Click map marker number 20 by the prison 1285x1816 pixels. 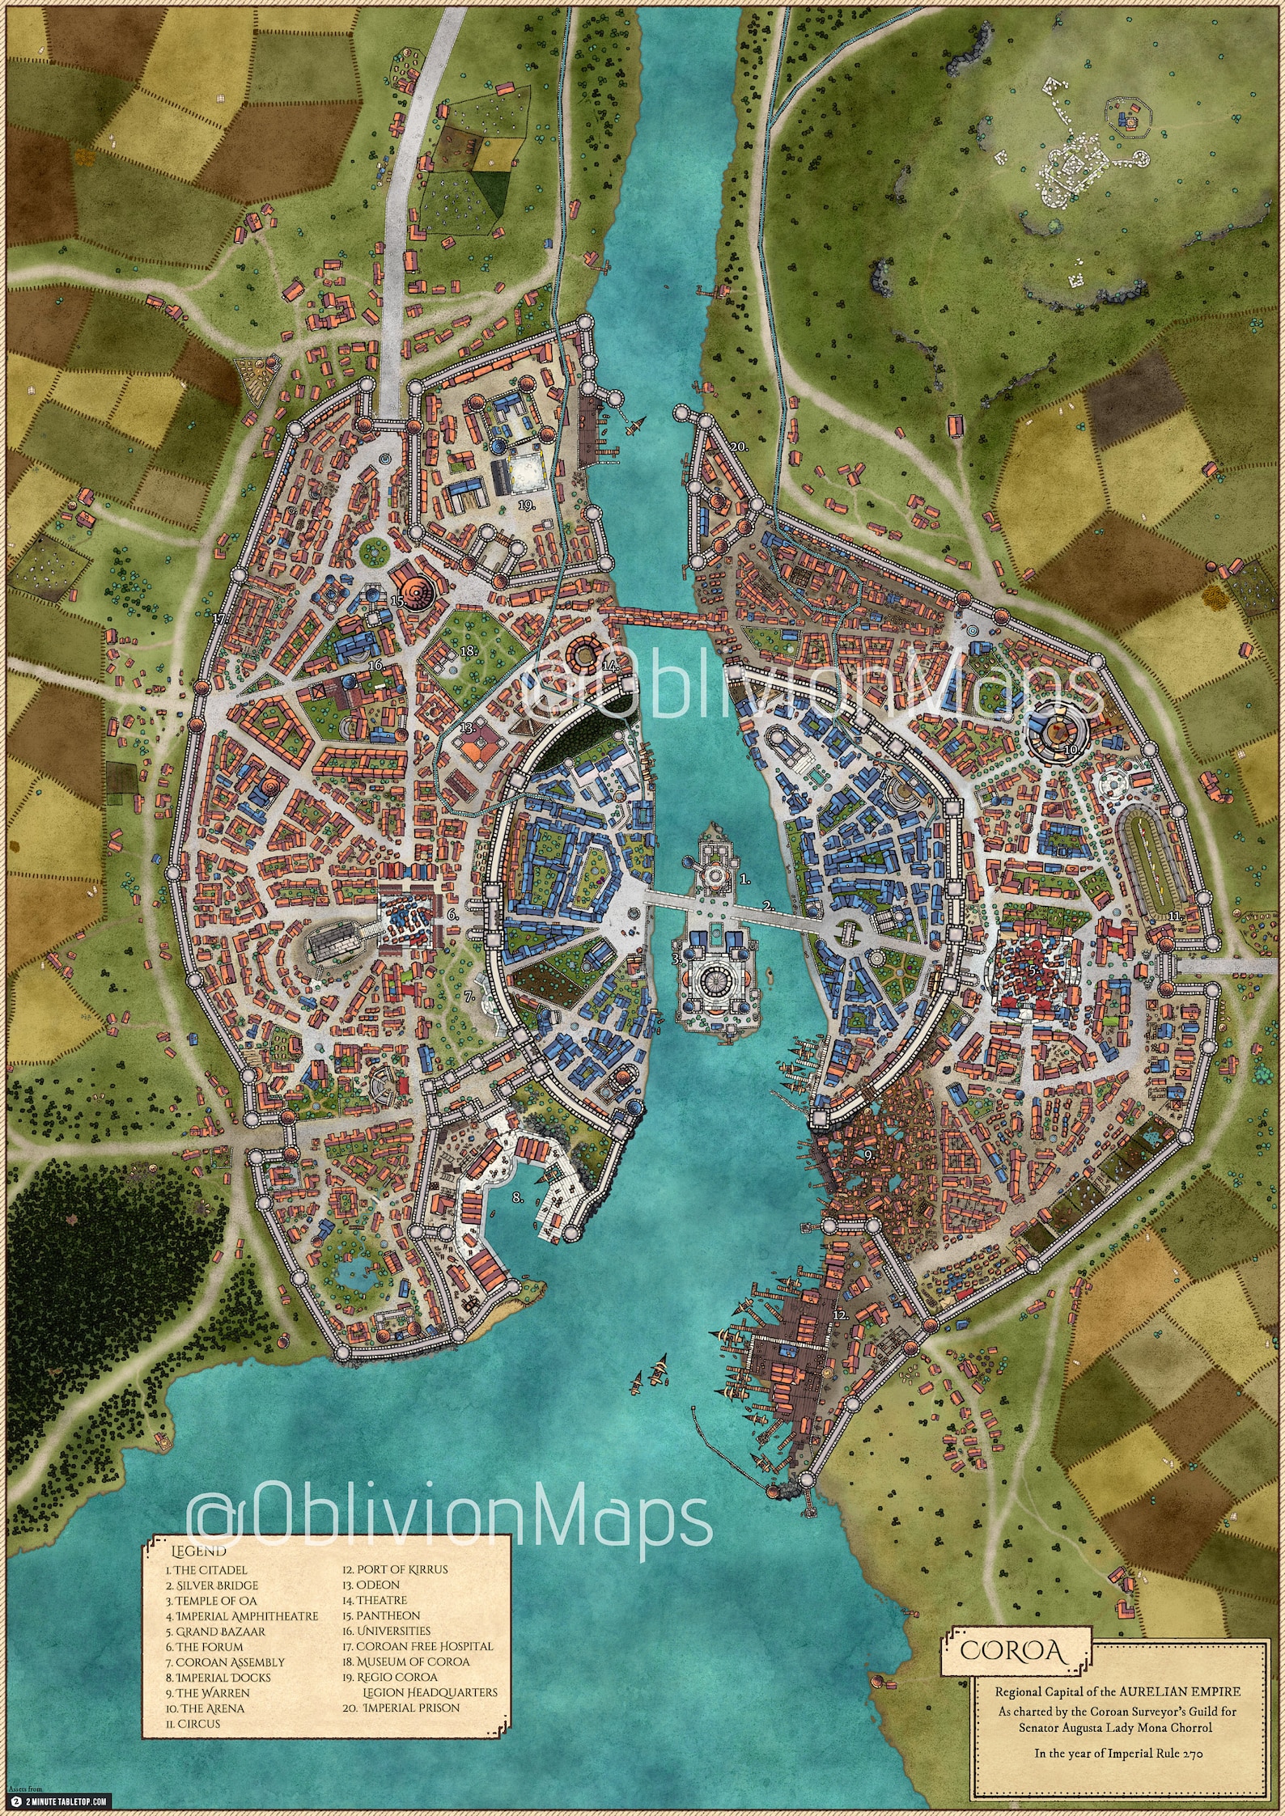pos(737,447)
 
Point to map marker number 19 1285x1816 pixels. pos(528,506)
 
